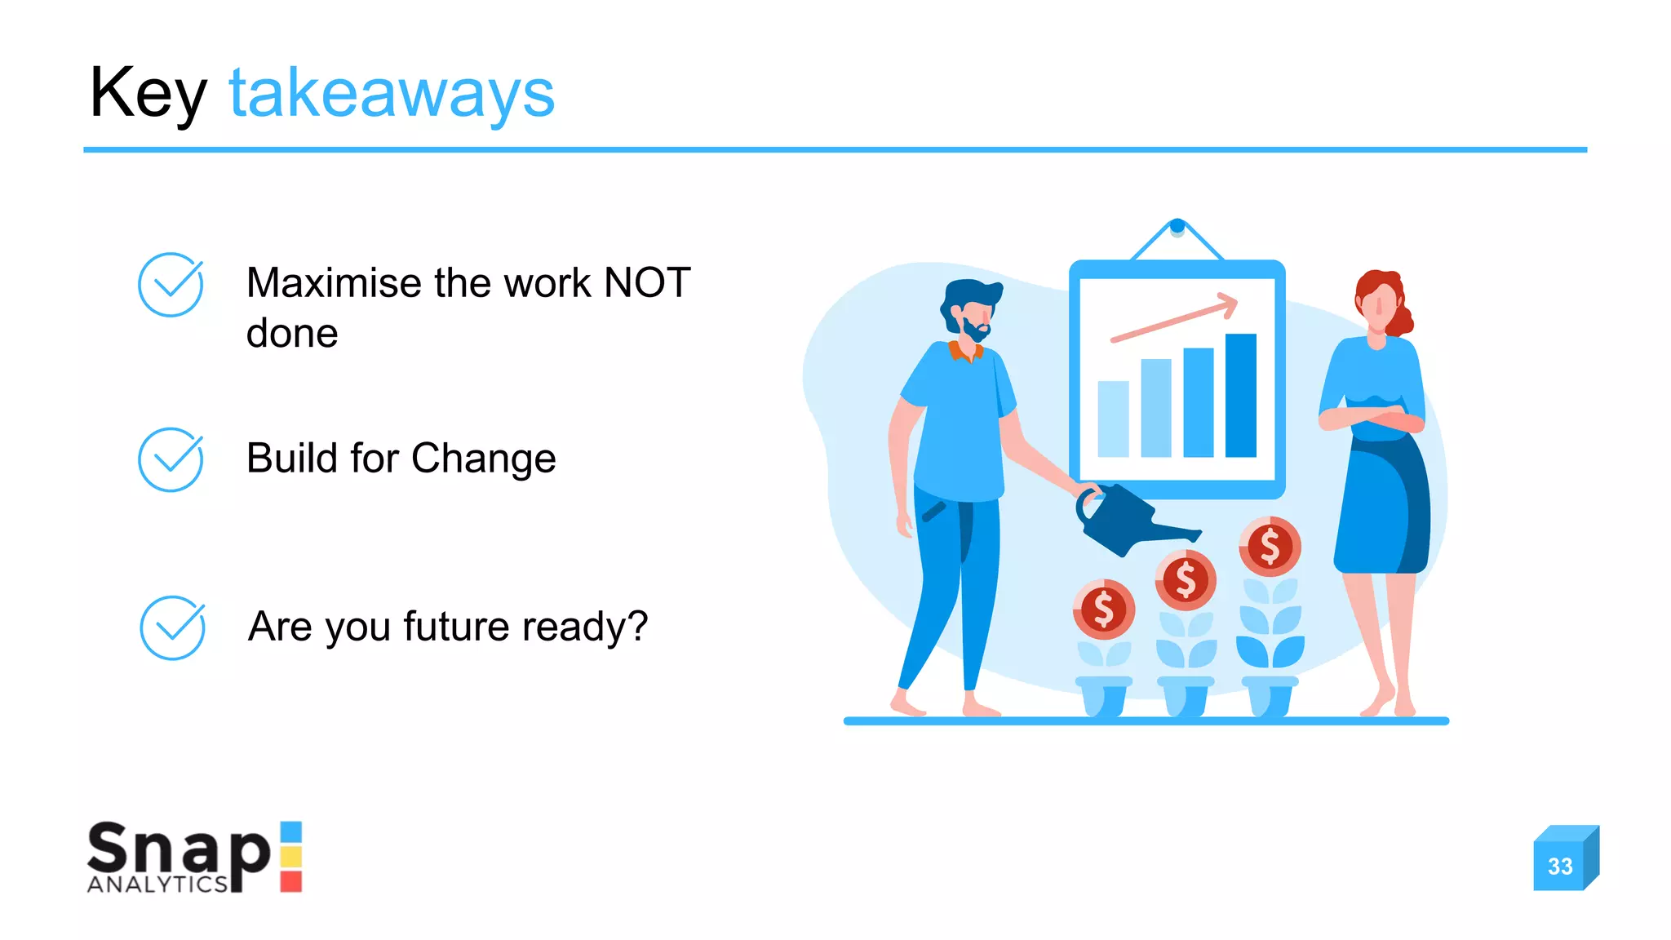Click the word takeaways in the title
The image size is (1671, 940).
click(x=392, y=94)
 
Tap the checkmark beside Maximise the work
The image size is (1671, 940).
click(x=171, y=284)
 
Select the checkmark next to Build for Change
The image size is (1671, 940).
click(x=171, y=459)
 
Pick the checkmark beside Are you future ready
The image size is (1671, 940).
click(x=172, y=627)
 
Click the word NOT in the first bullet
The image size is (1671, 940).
click(x=646, y=283)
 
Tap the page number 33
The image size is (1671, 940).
click(x=1560, y=866)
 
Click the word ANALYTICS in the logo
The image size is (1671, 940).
click(x=157, y=885)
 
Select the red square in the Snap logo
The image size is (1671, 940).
click(x=291, y=881)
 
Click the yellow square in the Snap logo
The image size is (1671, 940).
click(x=291, y=856)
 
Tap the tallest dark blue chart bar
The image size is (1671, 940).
click(x=1240, y=395)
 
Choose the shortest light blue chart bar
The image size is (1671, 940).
click(x=1113, y=419)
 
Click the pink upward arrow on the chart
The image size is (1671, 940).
click(x=1175, y=318)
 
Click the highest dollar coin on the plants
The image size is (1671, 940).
click(x=1270, y=546)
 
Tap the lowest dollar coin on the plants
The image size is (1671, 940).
click(x=1103, y=609)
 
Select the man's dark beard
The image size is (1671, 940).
click(x=974, y=330)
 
